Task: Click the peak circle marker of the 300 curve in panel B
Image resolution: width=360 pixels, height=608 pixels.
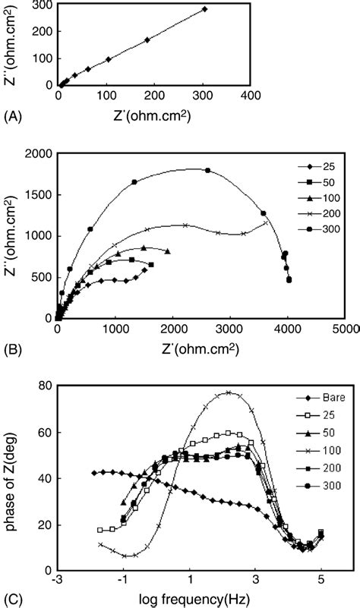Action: [207, 170]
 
